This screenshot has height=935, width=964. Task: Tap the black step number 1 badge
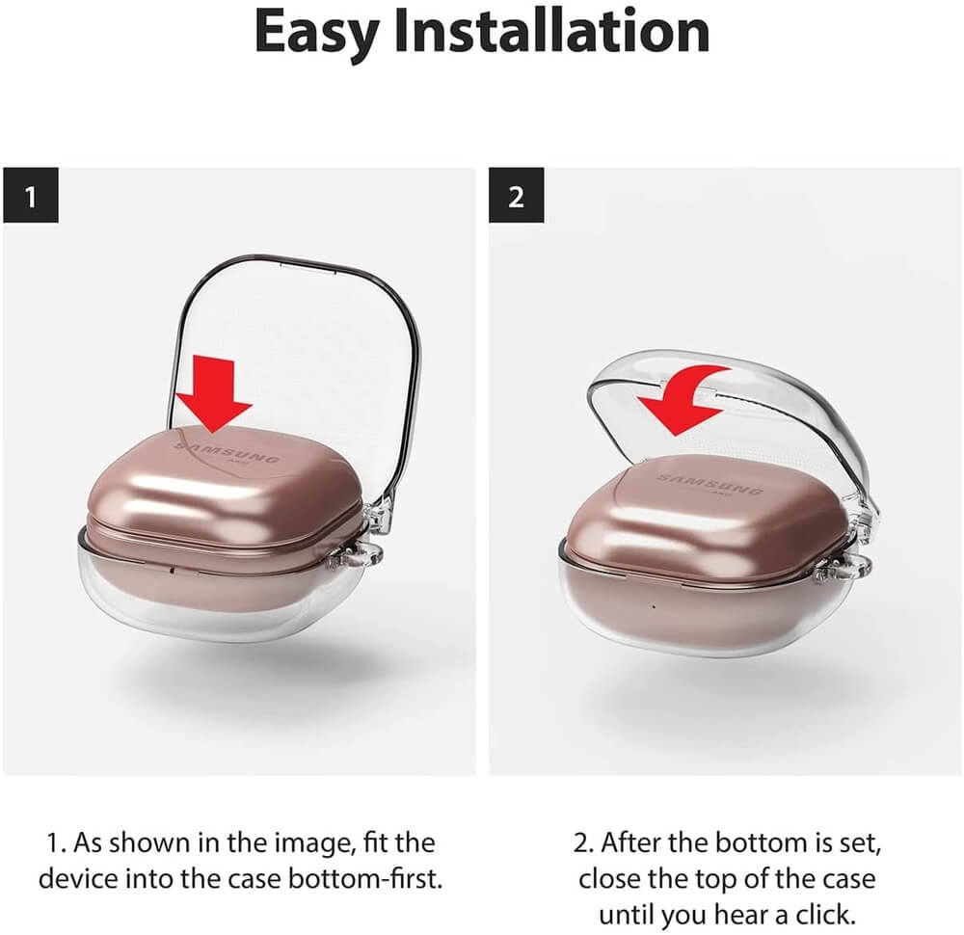coord(31,195)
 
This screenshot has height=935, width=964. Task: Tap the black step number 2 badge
coord(517,195)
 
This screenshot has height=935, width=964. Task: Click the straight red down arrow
coord(213,393)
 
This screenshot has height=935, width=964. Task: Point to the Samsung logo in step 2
coord(710,485)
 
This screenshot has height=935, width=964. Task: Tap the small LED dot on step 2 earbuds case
coord(653,606)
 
